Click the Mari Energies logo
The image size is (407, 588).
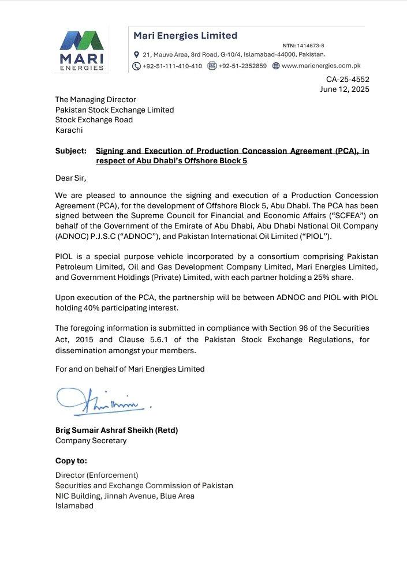(x=83, y=50)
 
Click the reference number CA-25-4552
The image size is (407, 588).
(x=348, y=80)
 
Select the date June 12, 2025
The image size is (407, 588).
(x=345, y=89)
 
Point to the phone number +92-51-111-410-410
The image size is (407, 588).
(x=172, y=66)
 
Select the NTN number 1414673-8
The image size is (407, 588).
(x=311, y=45)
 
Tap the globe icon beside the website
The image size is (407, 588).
(x=276, y=66)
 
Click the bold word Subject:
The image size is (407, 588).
(x=71, y=151)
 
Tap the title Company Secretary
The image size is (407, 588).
(x=91, y=440)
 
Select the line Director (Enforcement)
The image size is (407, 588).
(x=96, y=475)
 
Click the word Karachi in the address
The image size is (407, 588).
(x=69, y=130)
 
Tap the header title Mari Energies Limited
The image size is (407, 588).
(x=185, y=36)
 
